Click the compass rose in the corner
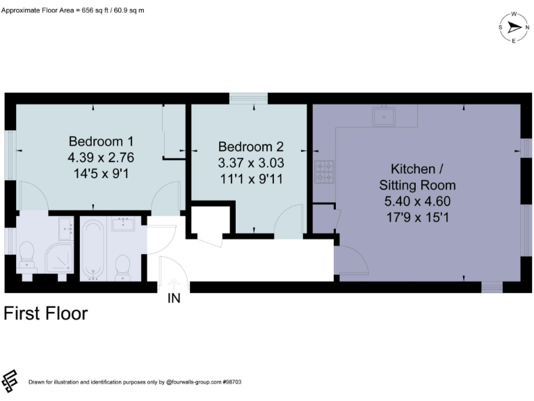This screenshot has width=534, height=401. pyautogui.click(x=514, y=27)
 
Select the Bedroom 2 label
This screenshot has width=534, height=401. pyautogui.click(x=251, y=147)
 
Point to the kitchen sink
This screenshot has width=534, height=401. pyautogui.click(x=383, y=116)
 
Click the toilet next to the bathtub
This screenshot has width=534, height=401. pyautogui.click(x=123, y=265)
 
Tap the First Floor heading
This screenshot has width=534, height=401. pyautogui.click(x=46, y=314)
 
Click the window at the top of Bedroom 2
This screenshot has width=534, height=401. pyautogui.click(x=249, y=98)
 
